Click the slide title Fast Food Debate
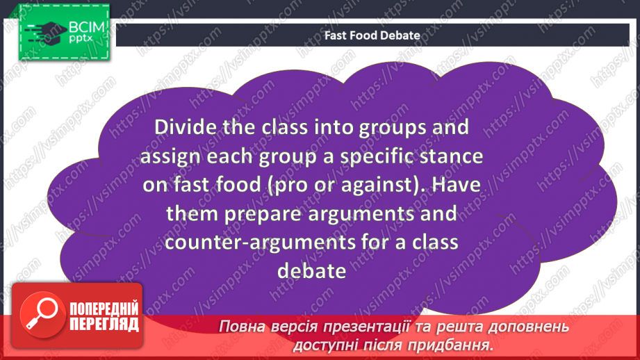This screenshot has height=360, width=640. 372,35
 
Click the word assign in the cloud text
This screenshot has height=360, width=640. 169,156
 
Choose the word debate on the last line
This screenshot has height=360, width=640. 311,270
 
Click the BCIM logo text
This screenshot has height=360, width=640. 86,28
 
